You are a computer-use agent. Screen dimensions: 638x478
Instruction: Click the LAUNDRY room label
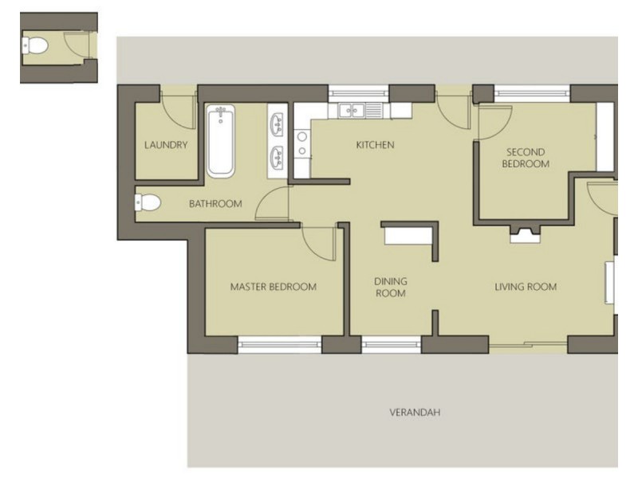tap(166, 145)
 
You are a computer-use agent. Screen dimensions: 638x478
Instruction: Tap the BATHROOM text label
tap(215, 204)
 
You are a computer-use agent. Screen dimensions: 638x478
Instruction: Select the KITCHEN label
tap(375, 145)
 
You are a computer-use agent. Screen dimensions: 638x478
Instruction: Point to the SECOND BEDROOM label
tap(526, 158)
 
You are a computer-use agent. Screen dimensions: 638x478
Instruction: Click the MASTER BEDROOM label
tap(274, 287)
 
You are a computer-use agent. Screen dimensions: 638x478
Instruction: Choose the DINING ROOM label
tap(391, 288)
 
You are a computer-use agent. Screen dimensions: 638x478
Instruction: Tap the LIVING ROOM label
tap(526, 287)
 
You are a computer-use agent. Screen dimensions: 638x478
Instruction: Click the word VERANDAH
tap(415, 412)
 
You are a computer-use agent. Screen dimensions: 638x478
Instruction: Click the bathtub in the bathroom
tap(221, 141)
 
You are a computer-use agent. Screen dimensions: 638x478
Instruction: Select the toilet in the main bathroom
tap(148, 202)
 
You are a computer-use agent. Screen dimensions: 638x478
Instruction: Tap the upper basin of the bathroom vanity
tap(278, 124)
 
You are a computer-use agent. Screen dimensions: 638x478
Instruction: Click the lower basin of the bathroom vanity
tap(278, 157)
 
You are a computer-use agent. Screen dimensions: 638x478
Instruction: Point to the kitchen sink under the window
tap(352, 110)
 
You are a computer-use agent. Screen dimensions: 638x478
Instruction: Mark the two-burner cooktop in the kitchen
tap(302, 144)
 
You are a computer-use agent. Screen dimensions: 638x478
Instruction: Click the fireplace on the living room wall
tap(526, 234)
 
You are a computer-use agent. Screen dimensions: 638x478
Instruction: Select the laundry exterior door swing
tap(178, 111)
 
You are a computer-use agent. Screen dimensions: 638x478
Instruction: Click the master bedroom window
tap(280, 345)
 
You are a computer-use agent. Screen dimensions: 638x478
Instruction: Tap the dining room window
tap(391, 345)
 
